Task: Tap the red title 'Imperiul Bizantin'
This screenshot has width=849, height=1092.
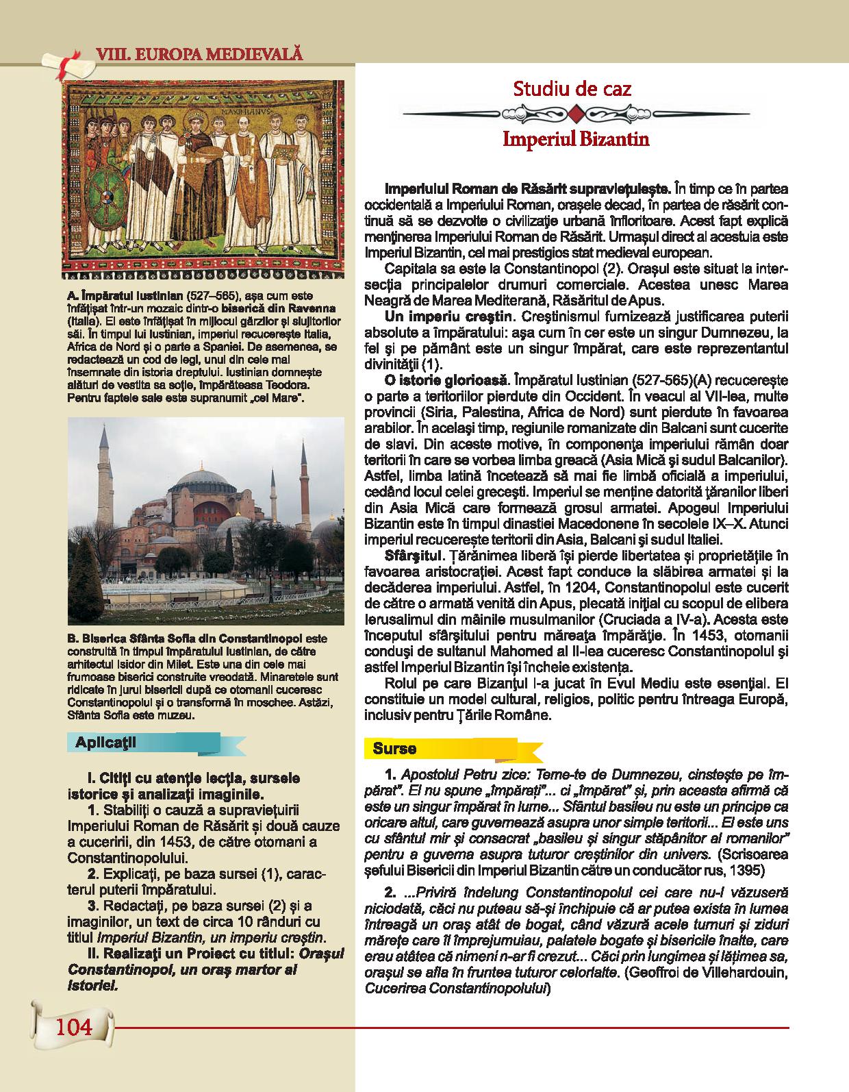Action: (x=575, y=139)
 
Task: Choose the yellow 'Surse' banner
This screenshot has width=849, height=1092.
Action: (x=395, y=749)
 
